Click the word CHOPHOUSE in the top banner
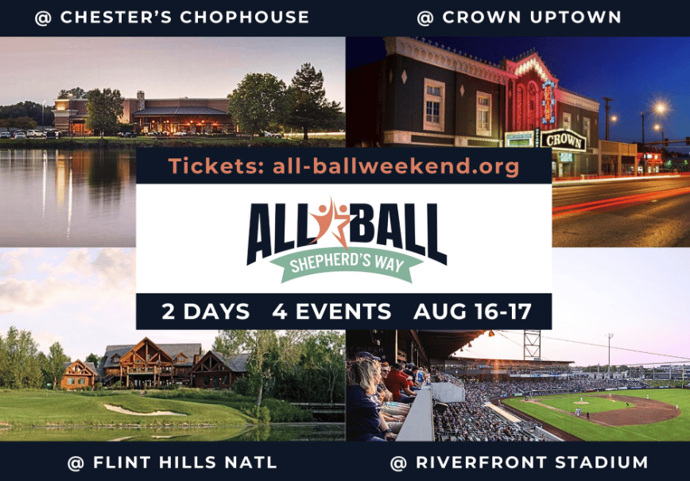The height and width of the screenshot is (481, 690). (244, 17)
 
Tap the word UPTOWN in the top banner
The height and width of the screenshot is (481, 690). (576, 17)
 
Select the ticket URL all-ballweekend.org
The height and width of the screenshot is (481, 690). (396, 166)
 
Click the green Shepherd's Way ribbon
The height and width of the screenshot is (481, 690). (347, 263)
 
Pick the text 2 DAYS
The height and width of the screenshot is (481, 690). (206, 312)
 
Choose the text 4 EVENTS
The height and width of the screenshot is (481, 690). (331, 312)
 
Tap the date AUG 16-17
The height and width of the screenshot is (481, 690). (472, 312)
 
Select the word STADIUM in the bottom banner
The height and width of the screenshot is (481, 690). (601, 463)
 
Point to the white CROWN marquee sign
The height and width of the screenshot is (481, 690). (564, 141)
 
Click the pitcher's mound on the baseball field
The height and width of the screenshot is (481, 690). (581, 402)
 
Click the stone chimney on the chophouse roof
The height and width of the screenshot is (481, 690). (141, 100)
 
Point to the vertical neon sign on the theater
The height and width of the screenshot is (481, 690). (548, 102)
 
